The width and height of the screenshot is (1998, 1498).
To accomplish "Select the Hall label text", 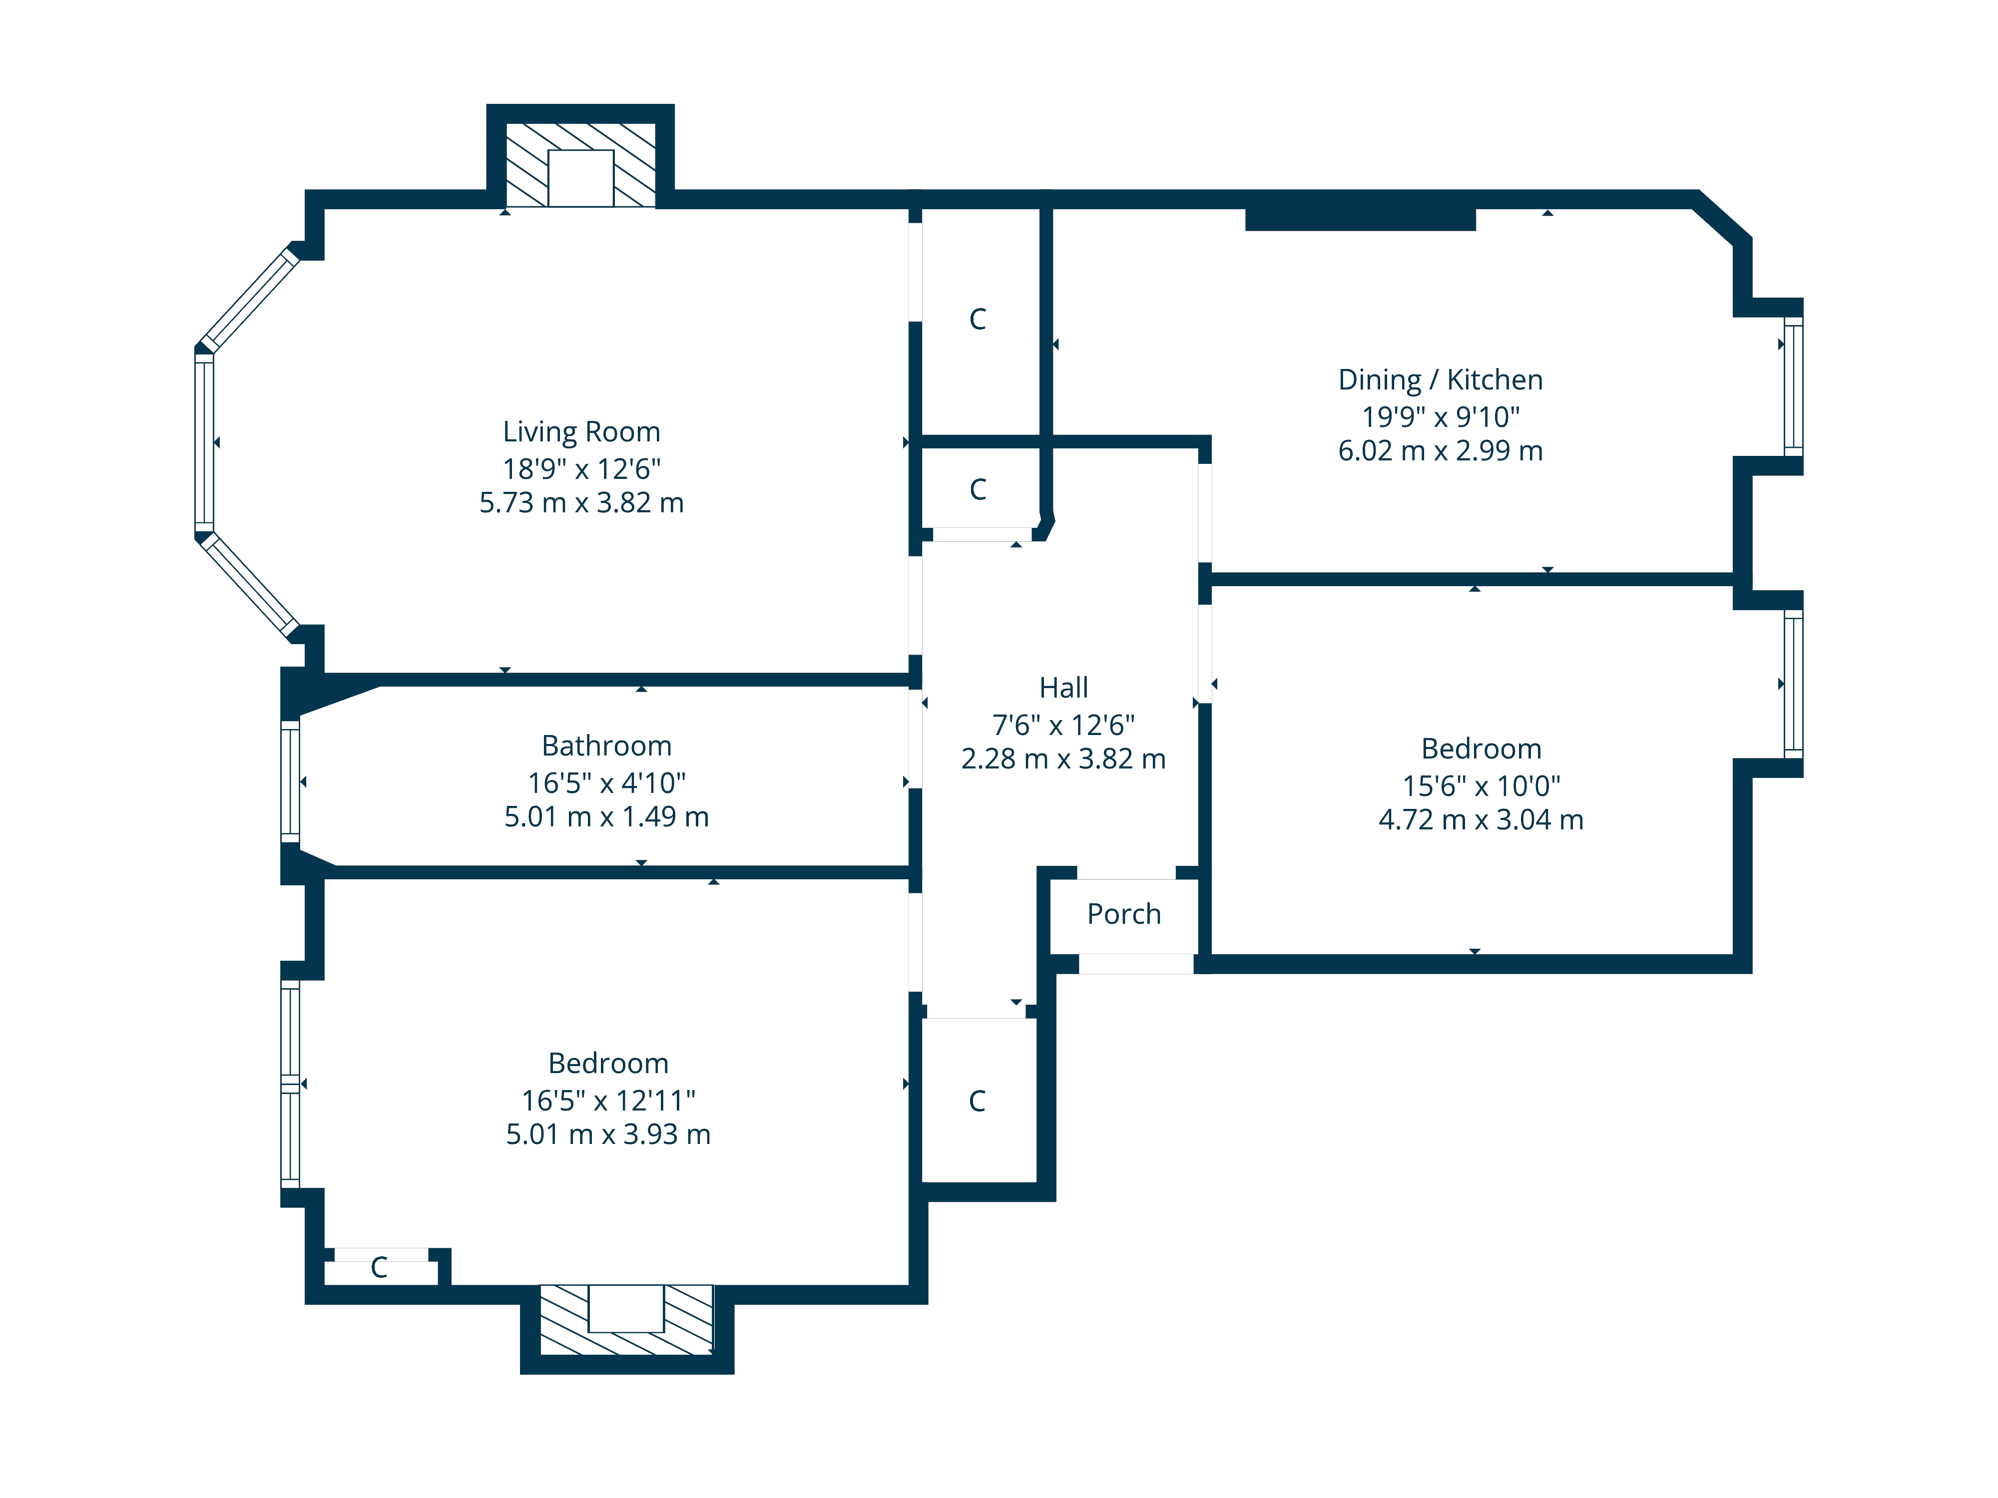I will click(1063, 688).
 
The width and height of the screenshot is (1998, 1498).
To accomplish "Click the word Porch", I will click(1124, 914).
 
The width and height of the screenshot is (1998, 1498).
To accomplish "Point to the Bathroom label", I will click(606, 746).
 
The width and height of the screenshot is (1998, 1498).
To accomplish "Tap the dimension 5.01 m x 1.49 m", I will click(606, 816).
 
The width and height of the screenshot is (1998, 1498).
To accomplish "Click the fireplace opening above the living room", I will click(581, 178).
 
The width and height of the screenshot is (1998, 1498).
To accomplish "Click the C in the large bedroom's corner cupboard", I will click(379, 1268).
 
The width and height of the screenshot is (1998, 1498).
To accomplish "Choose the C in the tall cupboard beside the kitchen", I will click(978, 319).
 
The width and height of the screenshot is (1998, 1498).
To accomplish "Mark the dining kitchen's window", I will click(1793, 386).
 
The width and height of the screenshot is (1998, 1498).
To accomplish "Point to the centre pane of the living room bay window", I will click(204, 442).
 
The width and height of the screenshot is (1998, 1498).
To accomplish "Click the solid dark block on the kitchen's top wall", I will click(1360, 219).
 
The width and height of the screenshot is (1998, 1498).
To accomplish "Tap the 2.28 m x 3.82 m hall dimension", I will click(1063, 758).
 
